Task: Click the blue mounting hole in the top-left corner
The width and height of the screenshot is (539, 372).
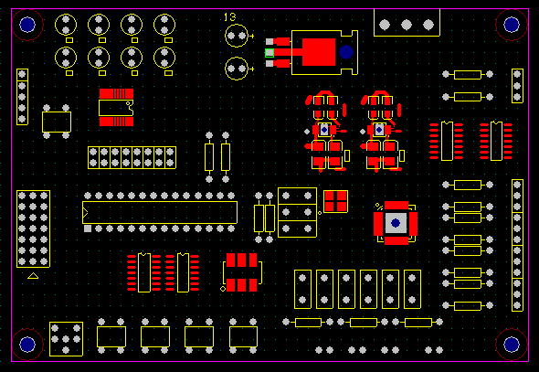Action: [x=27, y=25]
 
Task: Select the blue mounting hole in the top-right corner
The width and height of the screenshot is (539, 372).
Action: [x=512, y=25]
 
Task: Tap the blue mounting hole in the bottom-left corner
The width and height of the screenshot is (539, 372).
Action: [x=27, y=345]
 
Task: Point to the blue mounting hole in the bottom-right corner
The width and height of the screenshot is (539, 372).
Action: [x=512, y=345]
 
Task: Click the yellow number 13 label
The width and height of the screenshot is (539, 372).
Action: [x=230, y=16]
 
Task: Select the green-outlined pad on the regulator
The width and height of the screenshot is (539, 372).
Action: [x=269, y=53]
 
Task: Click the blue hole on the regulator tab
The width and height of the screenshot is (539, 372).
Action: [x=346, y=52]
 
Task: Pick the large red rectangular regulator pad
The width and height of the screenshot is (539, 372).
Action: [x=319, y=52]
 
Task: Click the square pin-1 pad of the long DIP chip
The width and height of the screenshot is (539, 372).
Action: [x=88, y=229]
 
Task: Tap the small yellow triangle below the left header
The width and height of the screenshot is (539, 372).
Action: [x=33, y=275]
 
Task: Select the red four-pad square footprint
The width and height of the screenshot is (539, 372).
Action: [x=336, y=201]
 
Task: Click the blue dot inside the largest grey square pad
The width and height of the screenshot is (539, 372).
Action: [x=396, y=223]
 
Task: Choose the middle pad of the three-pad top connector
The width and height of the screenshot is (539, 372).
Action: [x=407, y=25]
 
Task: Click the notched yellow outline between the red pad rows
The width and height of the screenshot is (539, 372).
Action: [x=116, y=108]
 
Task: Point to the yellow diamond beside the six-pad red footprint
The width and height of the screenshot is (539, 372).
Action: [x=223, y=289]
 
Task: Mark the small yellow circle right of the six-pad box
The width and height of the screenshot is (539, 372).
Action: [x=320, y=213]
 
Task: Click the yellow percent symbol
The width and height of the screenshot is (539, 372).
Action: [x=379, y=207]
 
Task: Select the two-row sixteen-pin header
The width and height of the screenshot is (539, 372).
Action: [x=132, y=157]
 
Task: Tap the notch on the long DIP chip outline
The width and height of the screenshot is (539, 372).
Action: [x=85, y=213]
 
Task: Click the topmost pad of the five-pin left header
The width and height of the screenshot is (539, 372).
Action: [x=22, y=74]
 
